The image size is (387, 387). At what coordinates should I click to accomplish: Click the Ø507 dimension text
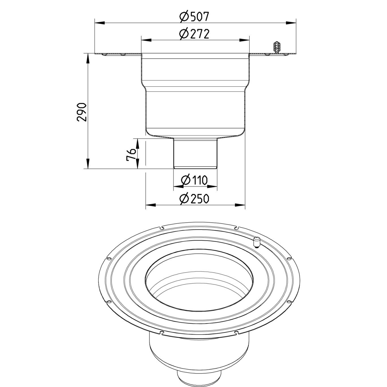(194, 17)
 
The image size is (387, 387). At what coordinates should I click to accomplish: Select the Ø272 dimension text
(194, 34)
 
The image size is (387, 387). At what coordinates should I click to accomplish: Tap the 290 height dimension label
(82, 112)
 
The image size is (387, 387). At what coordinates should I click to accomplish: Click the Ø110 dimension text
(194, 180)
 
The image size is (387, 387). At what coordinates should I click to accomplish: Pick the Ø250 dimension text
(194, 199)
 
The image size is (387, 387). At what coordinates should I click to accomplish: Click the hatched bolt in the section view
(276, 47)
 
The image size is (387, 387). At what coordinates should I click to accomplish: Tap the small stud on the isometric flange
(256, 243)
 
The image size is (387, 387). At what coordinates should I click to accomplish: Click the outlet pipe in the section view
(195, 153)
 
